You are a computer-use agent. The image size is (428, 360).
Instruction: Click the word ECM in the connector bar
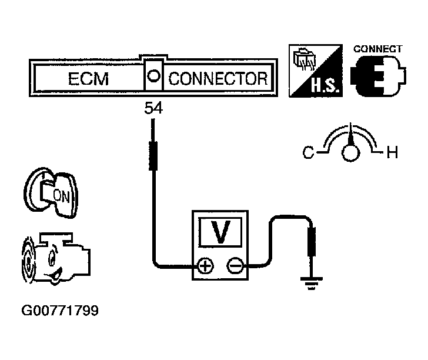click(x=88, y=79)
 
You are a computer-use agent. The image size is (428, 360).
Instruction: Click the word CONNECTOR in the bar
click(x=218, y=79)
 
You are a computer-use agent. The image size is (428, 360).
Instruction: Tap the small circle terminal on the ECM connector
click(x=153, y=75)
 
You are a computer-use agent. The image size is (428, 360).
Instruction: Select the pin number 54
click(x=153, y=108)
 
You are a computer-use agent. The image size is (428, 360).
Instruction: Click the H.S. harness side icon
click(x=316, y=71)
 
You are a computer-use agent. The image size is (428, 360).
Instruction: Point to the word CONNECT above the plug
click(x=378, y=49)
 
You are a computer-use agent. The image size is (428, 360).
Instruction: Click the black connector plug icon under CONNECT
click(x=379, y=76)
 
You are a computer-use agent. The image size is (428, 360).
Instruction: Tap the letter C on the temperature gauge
click(x=309, y=152)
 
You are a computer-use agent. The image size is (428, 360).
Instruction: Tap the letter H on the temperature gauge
click(x=392, y=152)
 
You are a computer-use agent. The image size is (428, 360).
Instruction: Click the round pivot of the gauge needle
click(x=350, y=153)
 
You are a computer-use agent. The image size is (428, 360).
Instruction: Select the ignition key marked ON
click(x=51, y=192)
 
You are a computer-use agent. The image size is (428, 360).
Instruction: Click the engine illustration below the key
click(x=56, y=258)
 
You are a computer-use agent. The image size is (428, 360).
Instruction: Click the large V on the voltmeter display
click(x=220, y=232)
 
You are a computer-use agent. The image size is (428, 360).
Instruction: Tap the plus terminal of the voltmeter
click(x=205, y=266)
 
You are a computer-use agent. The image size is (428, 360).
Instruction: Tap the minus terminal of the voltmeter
click(x=235, y=266)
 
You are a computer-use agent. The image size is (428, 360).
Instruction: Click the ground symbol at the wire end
click(x=311, y=284)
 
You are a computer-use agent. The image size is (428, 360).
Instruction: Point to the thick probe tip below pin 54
click(x=153, y=156)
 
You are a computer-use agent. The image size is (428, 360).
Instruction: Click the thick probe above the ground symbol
click(x=312, y=242)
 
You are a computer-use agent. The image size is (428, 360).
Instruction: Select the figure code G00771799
click(x=60, y=311)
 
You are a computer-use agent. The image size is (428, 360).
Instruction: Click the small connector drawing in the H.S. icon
click(x=304, y=59)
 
